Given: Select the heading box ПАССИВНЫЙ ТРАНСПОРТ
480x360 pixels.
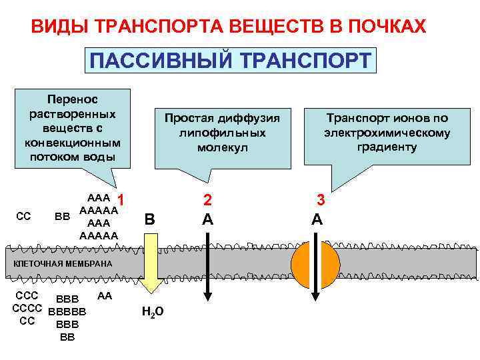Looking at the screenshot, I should click(231, 60).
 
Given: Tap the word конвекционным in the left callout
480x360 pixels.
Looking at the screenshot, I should click(72, 143).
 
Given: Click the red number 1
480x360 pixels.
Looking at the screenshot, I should click(121, 199).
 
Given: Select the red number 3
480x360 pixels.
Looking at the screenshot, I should click(321, 199).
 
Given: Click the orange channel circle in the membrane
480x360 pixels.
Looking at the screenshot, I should click(316, 264).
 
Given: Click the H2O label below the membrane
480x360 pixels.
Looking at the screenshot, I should click(153, 312).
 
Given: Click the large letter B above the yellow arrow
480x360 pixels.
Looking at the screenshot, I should click(150, 219).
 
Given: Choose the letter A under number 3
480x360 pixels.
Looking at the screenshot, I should click(317, 218).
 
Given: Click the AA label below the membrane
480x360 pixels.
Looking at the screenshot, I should click(105, 295).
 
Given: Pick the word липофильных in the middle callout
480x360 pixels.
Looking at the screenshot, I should click(222, 133).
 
